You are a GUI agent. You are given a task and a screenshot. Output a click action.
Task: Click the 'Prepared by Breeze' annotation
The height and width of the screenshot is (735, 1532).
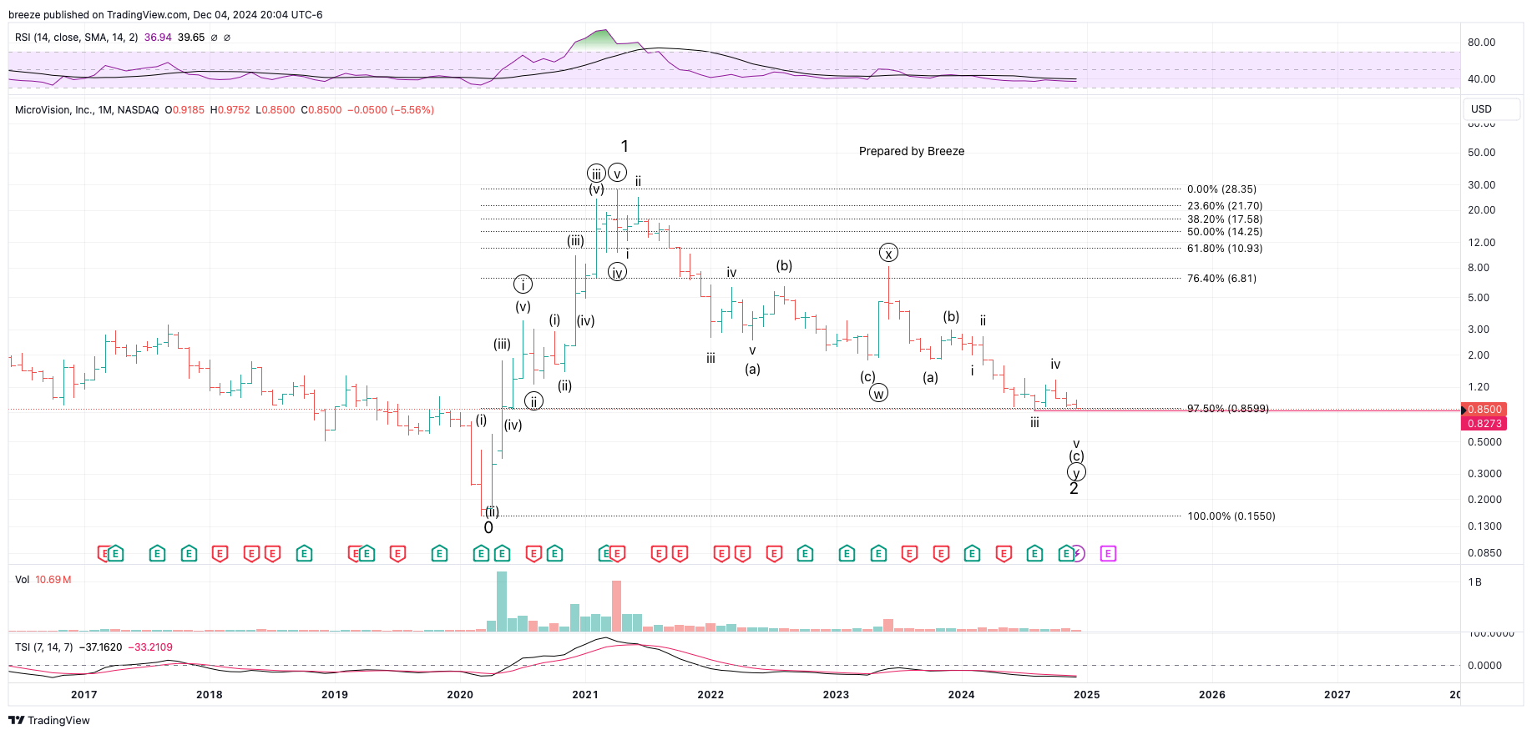pyautogui.click(x=911, y=151)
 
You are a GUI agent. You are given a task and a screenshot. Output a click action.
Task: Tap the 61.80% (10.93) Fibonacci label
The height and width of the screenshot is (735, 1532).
pyautogui.click(x=1224, y=249)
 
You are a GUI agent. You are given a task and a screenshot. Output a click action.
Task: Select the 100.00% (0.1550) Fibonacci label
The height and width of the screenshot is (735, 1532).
pyautogui.click(x=1231, y=516)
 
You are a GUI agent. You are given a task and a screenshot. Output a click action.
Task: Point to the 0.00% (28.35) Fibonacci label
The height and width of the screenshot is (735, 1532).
pyautogui.click(x=1221, y=189)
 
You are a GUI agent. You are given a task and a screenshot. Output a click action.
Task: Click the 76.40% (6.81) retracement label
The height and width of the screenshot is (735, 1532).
pyautogui.click(x=1221, y=279)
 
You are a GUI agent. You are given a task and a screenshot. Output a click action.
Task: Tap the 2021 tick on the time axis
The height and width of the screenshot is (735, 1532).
pyautogui.click(x=585, y=694)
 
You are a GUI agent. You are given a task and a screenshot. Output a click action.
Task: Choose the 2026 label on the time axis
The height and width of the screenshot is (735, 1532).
pyautogui.click(x=1211, y=694)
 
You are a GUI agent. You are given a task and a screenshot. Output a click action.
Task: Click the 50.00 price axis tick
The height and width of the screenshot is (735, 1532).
pyautogui.click(x=1481, y=153)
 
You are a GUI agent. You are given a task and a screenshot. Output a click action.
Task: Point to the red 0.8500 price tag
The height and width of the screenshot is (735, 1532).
pyautogui.click(x=1484, y=410)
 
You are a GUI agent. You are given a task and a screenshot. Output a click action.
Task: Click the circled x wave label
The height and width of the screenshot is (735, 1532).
pyautogui.click(x=888, y=254)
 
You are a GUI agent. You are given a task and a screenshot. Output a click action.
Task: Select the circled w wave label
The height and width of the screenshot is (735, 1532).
pyautogui.click(x=878, y=393)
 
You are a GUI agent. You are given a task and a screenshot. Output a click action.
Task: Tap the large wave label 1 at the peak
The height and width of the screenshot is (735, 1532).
pyautogui.click(x=624, y=146)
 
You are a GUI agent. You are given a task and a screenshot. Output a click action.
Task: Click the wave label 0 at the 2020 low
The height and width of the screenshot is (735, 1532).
pyautogui.click(x=488, y=527)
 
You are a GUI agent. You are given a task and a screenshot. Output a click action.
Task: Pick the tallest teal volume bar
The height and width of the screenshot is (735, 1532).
pyautogui.click(x=502, y=601)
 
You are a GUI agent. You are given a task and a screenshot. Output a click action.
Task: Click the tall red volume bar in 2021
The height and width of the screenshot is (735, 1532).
pyautogui.click(x=617, y=606)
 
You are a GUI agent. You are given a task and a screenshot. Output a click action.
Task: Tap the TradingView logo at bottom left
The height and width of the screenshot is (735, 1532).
pyautogui.click(x=49, y=720)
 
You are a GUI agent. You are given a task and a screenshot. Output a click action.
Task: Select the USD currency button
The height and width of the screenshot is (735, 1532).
pyautogui.click(x=1481, y=109)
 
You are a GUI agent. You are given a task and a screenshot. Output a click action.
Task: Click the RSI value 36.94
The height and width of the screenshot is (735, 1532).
pyautogui.click(x=158, y=38)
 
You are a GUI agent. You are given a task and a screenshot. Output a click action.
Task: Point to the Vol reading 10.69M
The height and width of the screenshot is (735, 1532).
pyautogui.click(x=53, y=580)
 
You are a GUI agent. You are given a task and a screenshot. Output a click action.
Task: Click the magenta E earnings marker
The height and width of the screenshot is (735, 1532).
pyautogui.click(x=1108, y=553)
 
